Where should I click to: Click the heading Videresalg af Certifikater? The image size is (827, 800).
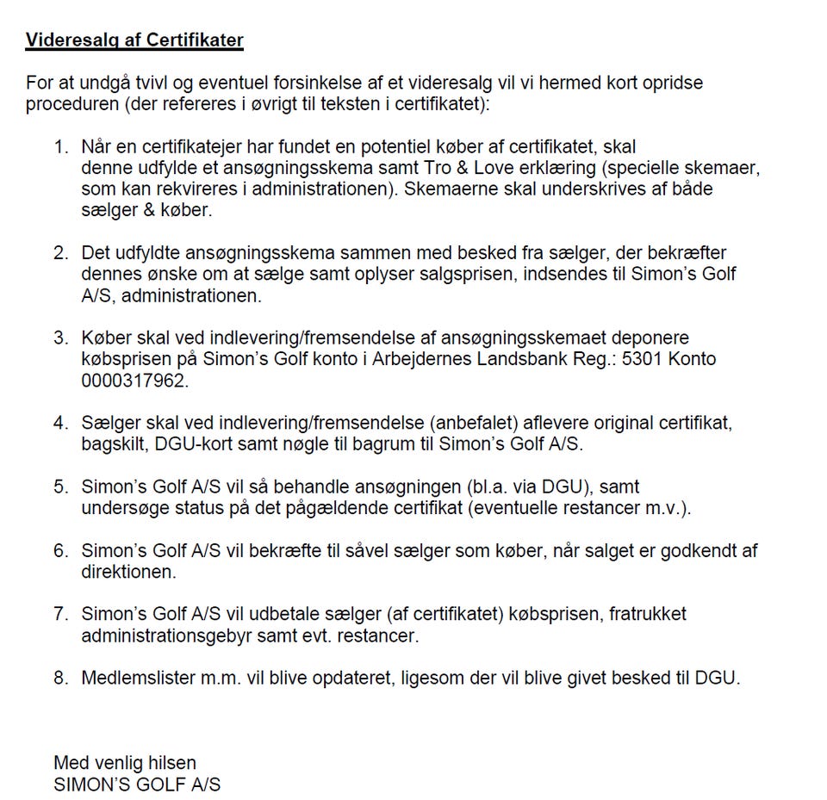tap(134, 40)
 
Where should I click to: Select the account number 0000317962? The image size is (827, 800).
tap(134, 380)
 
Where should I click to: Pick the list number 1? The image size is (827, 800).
tap(60, 146)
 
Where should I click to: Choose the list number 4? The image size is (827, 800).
tap(60, 423)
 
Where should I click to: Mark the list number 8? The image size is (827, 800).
tap(60, 678)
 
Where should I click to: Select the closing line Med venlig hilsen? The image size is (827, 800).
tap(125, 763)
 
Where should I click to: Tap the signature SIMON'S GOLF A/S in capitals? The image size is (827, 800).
tap(137, 784)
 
